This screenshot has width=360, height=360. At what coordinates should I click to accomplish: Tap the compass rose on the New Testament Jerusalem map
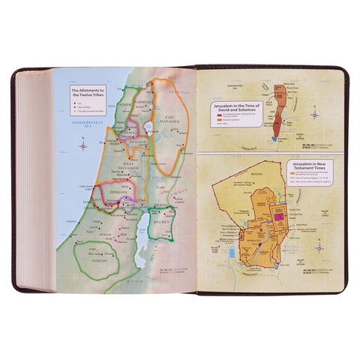click(x=320, y=247)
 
